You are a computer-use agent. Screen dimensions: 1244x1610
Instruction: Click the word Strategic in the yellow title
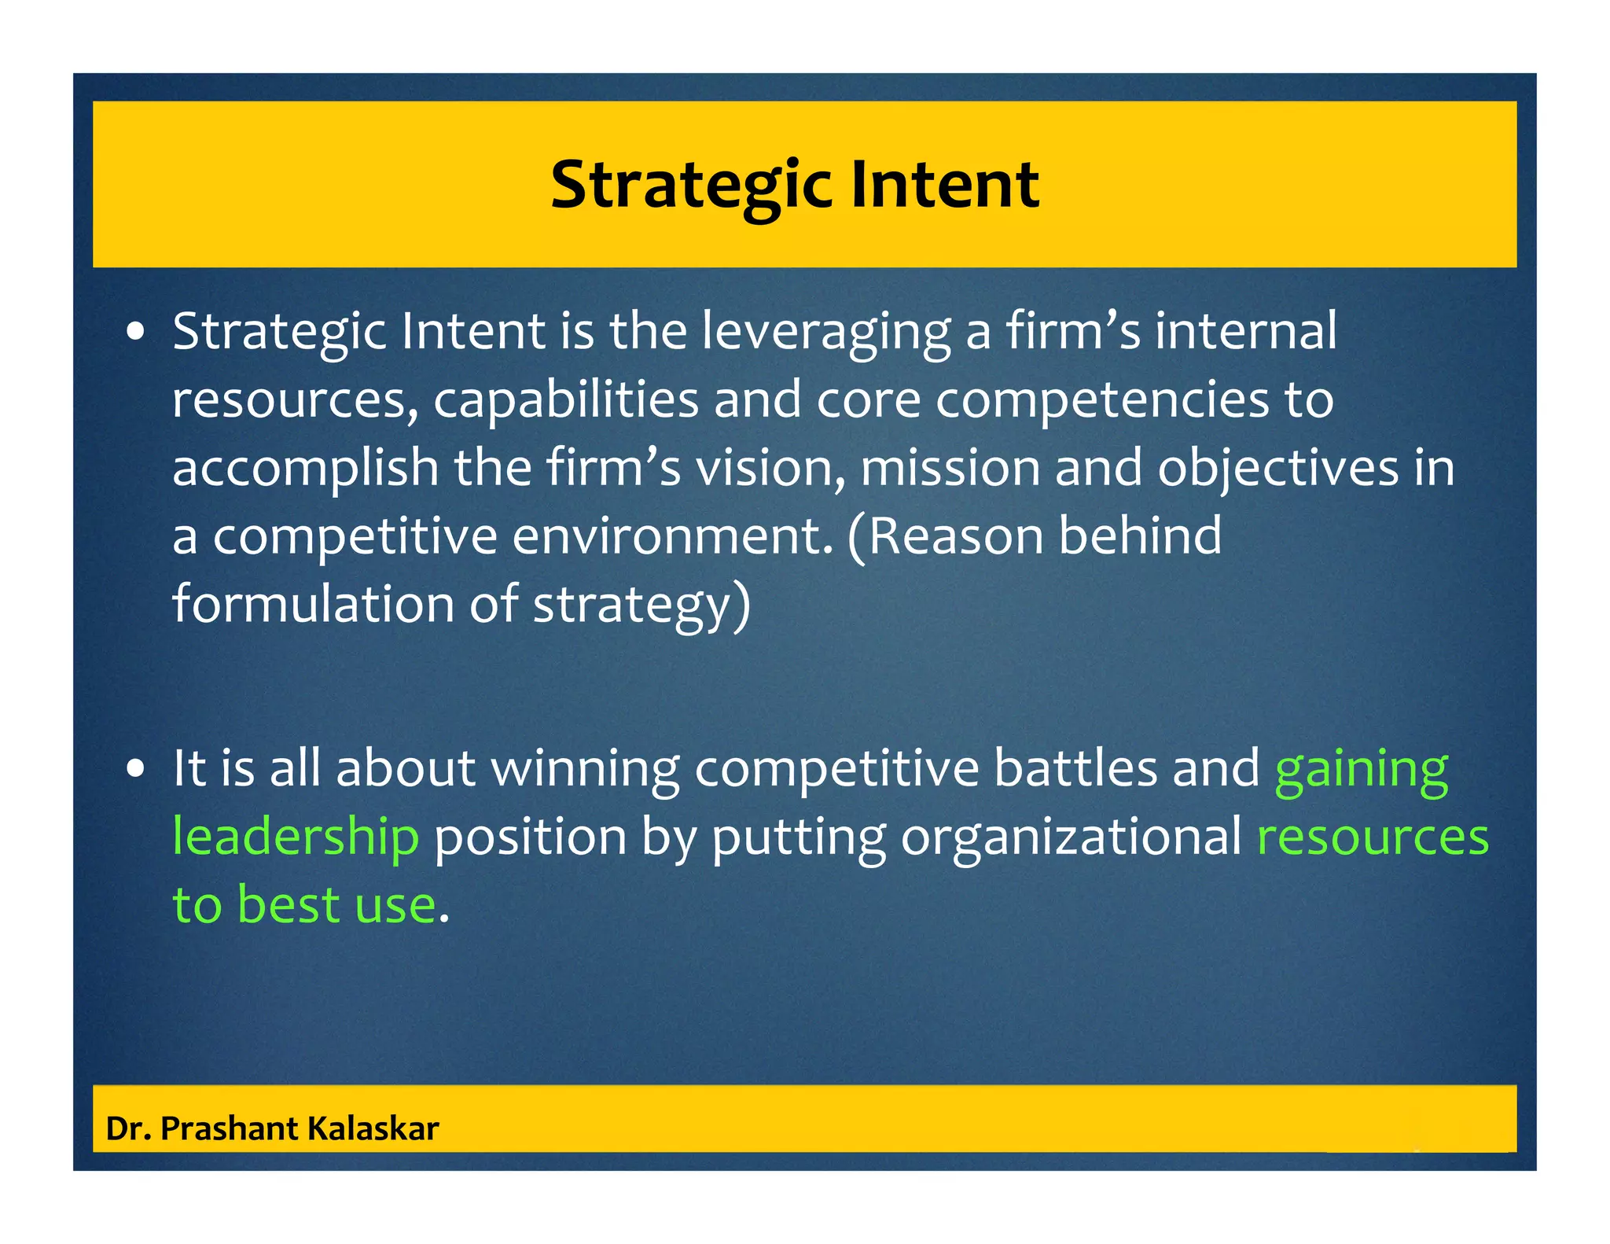(x=690, y=185)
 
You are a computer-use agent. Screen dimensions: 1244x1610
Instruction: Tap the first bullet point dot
(x=136, y=333)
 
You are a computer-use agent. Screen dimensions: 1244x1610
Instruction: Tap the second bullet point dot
(x=136, y=770)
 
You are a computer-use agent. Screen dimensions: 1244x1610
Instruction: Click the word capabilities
(x=566, y=399)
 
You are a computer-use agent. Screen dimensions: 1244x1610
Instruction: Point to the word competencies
(x=1102, y=399)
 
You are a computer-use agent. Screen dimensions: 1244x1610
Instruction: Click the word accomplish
(x=305, y=468)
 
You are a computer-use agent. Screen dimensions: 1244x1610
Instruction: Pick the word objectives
(x=1277, y=468)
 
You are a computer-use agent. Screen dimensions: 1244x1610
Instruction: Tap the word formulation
(x=313, y=604)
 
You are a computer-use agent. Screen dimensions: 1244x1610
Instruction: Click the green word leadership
(x=296, y=836)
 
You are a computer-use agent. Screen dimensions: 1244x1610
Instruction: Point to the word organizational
(x=1071, y=837)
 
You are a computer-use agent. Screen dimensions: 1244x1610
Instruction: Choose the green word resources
(x=1373, y=837)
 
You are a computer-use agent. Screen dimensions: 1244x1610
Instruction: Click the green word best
(x=289, y=904)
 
